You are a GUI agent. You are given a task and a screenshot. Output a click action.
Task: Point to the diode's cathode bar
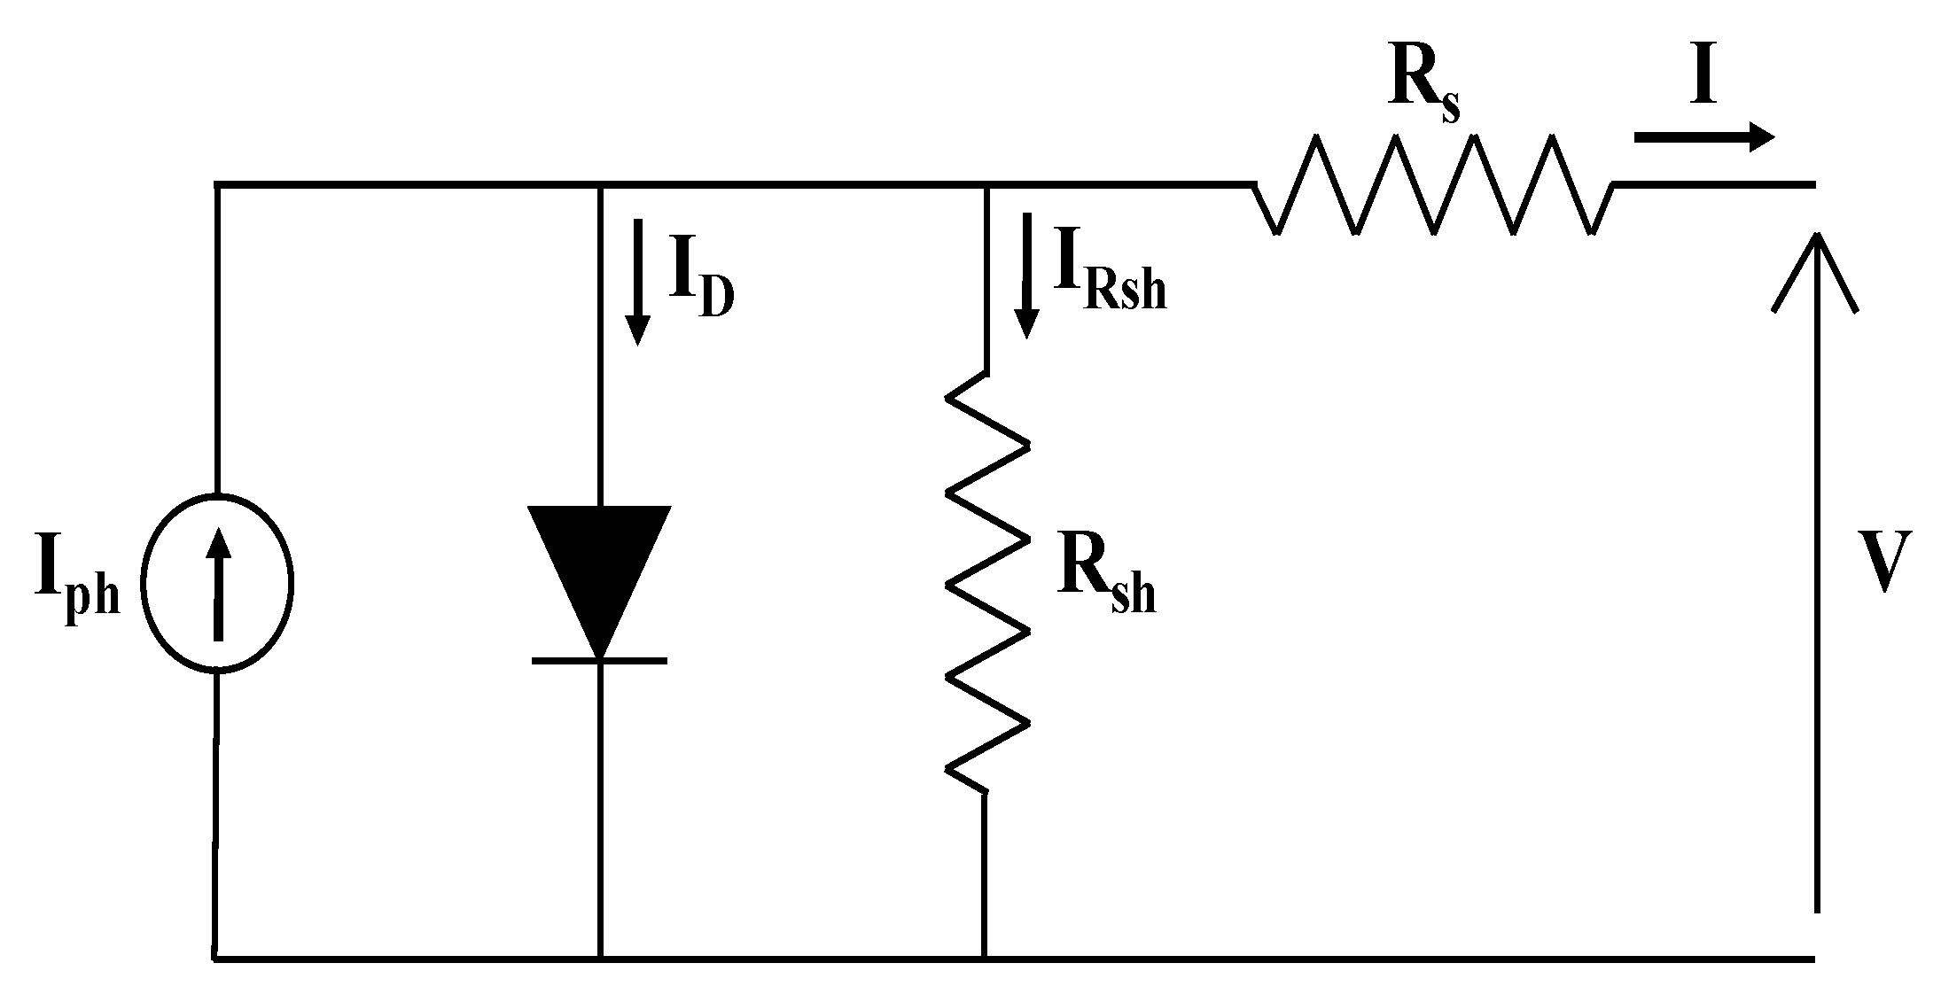point(599,661)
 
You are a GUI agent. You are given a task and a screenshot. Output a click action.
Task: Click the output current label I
point(1703,78)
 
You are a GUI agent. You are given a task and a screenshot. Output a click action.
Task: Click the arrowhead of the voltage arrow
point(1814,266)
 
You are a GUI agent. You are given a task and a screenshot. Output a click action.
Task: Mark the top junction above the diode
point(601,185)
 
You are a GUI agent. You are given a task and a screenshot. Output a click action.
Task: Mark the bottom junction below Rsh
point(984,958)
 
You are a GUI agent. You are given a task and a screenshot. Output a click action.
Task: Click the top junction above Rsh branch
point(986,185)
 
